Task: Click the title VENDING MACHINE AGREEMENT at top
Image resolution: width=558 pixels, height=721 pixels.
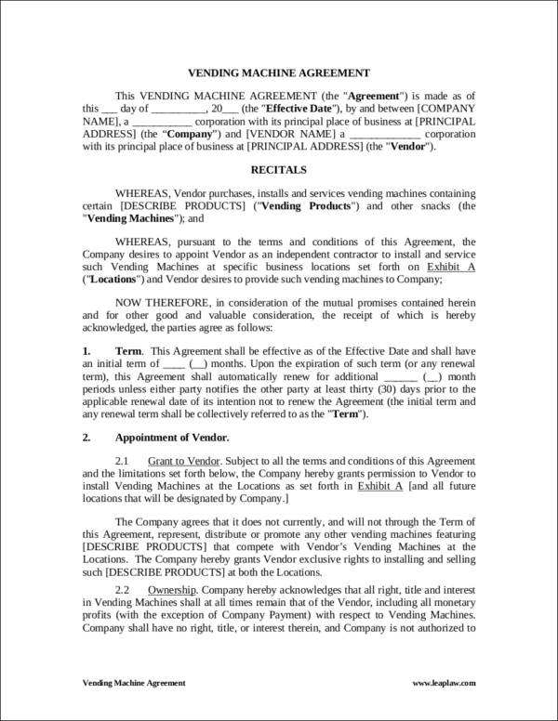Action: click(x=280, y=72)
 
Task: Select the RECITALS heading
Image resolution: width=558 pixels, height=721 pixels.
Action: click(x=279, y=170)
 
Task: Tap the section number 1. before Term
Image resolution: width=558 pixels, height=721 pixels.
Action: click(x=86, y=351)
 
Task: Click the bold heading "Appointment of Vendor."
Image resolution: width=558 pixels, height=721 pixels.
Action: click(x=171, y=436)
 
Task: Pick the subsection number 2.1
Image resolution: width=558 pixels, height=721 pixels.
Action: click(x=123, y=461)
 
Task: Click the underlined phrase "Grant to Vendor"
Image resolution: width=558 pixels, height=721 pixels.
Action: click(x=184, y=461)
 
